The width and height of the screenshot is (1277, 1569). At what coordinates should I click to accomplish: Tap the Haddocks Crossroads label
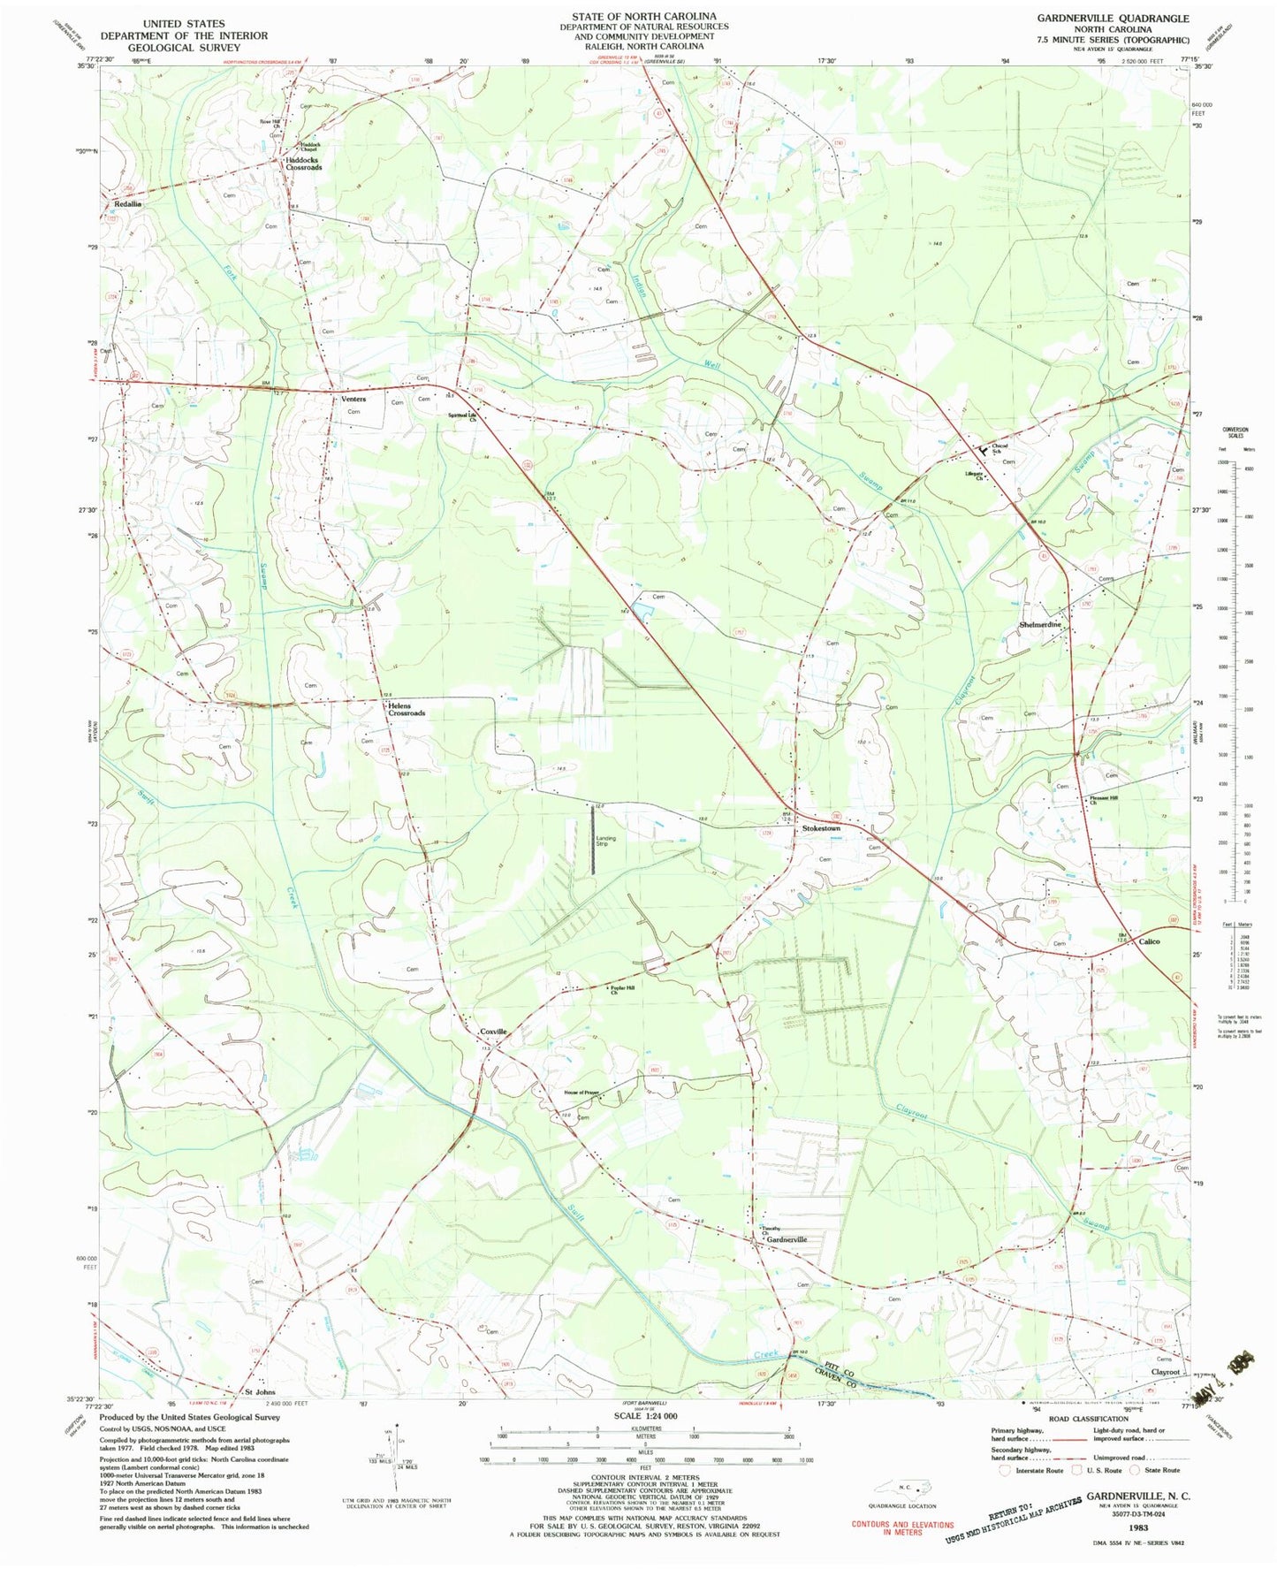click(303, 164)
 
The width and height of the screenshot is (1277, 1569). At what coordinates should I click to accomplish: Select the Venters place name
click(353, 399)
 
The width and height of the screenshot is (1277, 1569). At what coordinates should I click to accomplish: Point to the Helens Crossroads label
click(406, 709)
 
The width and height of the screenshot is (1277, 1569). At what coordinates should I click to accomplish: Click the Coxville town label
click(493, 1032)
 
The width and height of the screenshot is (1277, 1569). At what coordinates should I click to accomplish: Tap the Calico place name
click(1149, 941)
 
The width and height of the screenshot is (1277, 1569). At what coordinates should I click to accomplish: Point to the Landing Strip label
click(605, 842)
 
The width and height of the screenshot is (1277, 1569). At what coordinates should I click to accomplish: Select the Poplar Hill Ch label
click(623, 990)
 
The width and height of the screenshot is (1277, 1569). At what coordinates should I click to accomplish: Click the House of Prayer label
click(582, 1093)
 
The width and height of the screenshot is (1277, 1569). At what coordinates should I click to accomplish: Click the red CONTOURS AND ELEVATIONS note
click(902, 1527)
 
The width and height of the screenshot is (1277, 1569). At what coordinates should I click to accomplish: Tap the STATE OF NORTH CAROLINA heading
click(643, 17)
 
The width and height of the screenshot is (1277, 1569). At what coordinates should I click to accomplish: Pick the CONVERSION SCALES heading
click(1235, 432)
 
